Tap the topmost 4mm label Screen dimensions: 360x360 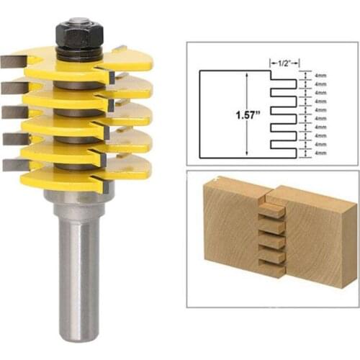click(320, 73)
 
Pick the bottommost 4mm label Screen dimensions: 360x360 click(320, 153)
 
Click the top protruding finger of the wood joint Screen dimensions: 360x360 click(271, 211)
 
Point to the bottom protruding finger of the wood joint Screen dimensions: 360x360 click(271, 269)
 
